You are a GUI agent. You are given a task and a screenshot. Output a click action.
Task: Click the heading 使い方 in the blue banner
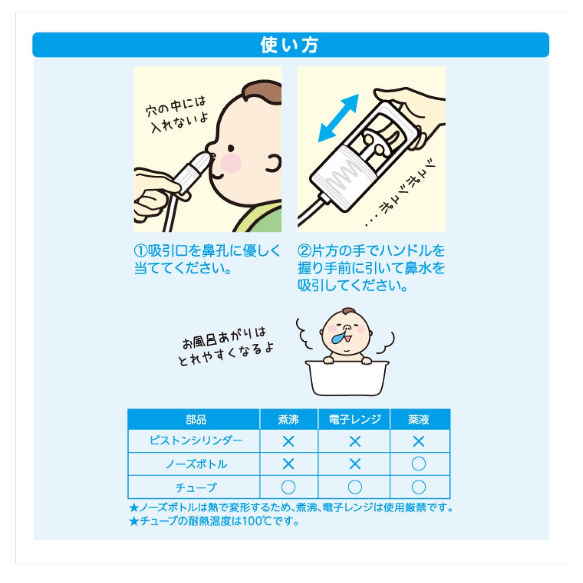coord(289,45)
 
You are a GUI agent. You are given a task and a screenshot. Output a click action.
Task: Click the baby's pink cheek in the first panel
coord(231,162)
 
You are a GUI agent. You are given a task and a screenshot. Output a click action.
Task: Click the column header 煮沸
coord(288,420)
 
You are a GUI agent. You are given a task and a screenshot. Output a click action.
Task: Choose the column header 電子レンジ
coord(355,419)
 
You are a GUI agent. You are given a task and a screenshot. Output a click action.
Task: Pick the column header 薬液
coord(419,420)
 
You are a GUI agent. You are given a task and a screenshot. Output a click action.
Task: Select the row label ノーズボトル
coord(196,464)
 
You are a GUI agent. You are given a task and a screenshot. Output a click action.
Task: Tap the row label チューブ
coord(196,488)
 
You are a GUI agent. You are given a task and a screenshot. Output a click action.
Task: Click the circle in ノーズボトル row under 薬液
coord(419,464)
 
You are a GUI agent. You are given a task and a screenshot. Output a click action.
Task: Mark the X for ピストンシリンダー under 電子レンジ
coord(355,442)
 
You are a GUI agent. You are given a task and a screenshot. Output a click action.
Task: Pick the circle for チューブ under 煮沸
coord(288,487)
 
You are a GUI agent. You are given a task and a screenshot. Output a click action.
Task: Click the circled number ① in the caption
coord(140,251)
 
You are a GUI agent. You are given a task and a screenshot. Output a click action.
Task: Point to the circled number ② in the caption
coord(304,251)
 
